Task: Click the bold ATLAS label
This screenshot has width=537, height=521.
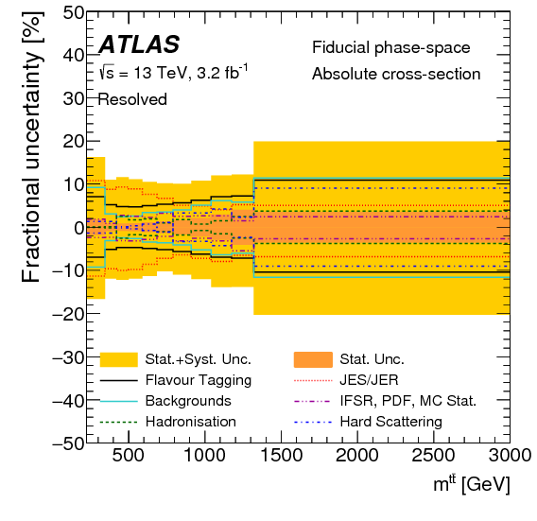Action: (139, 44)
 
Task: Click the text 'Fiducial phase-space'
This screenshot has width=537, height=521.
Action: (390, 47)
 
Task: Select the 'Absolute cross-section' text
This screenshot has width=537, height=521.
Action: (395, 74)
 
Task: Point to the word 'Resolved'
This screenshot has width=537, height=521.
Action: (132, 99)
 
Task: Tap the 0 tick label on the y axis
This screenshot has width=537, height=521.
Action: (74, 228)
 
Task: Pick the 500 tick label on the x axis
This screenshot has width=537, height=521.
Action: (128, 455)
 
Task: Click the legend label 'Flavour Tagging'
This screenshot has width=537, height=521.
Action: (199, 380)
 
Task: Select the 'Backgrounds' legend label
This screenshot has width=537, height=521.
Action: (188, 401)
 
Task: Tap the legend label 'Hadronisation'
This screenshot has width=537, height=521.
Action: (191, 422)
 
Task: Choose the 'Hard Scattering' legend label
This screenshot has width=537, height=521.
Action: (391, 422)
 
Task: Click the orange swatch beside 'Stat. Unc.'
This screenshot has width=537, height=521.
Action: (314, 359)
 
